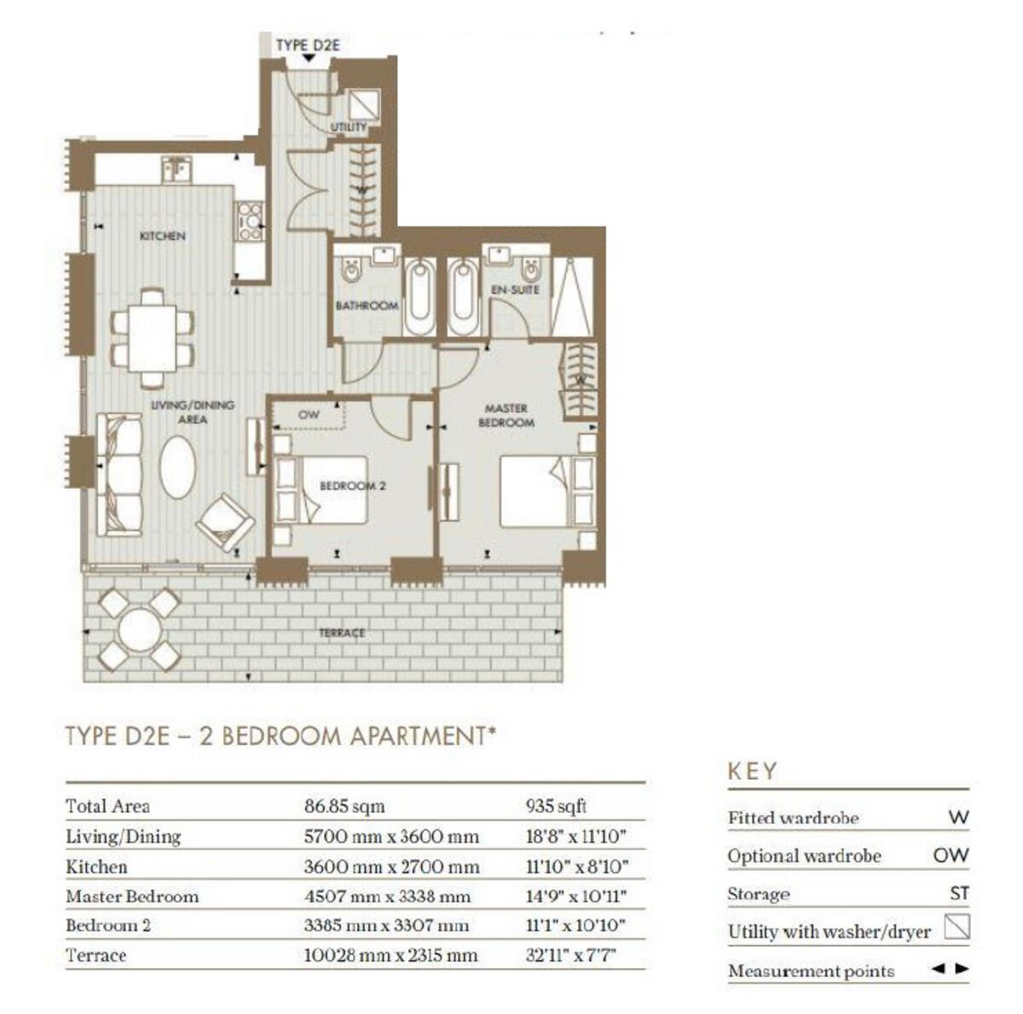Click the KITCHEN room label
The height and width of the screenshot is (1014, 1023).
(x=162, y=236)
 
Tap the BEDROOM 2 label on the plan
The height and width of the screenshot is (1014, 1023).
(x=352, y=486)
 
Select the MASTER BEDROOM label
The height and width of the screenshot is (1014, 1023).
(x=506, y=415)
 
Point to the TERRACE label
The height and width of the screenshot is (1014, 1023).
(x=342, y=633)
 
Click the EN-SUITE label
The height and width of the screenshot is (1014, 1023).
(x=515, y=290)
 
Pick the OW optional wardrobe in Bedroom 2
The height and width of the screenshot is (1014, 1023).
(x=309, y=415)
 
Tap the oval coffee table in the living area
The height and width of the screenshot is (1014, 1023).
(x=177, y=467)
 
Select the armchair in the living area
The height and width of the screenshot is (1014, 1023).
(x=225, y=522)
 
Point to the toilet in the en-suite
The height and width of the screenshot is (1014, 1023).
(x=530, y=271)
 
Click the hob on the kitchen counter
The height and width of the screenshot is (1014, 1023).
(x=250, y=221)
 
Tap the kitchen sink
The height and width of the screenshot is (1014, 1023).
(x=176, y=169)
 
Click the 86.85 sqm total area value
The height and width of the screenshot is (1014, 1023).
(x=344, y=806)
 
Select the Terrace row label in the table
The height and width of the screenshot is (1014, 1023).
(x=95, y=955)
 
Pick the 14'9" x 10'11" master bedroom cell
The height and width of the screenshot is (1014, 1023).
(x=575, y=896)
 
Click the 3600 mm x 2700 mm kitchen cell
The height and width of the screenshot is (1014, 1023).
(x=391, y=867)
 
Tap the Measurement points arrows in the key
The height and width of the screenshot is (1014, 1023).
(x=949, y=968)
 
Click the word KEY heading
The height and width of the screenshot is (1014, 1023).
(x=752, y=771)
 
